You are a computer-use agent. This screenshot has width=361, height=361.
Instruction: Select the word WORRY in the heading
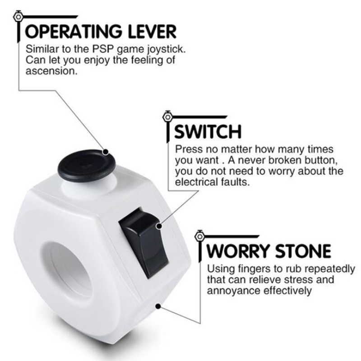point(239,251)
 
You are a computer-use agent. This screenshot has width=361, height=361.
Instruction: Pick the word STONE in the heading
point(303,251)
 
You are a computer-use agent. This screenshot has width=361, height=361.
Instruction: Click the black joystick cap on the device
point(87,165)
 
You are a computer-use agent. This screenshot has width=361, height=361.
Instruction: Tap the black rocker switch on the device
point(143,243)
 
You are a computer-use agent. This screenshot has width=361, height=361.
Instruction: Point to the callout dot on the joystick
point(106,152)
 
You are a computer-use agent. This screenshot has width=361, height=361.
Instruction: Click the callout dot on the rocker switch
point(159,226)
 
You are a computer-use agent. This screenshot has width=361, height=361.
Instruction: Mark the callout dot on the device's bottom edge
point(158,306)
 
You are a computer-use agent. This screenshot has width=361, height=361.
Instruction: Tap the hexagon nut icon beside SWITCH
point(167,117)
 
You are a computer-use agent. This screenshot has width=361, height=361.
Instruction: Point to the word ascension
point(51,71)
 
